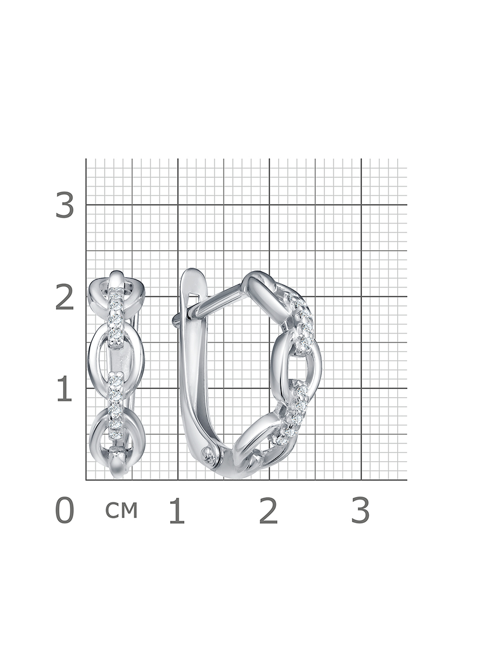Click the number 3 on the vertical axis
point(65,205)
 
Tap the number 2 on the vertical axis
point(65,297)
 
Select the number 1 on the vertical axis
point(65,388)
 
